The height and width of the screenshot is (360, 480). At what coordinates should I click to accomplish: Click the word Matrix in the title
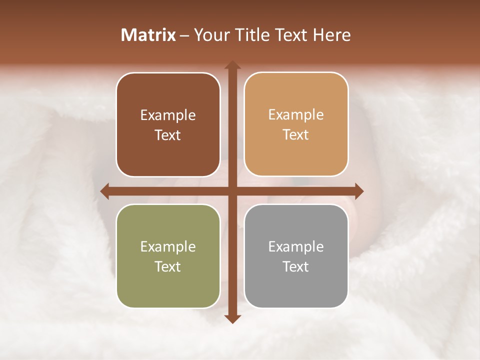(148, 35)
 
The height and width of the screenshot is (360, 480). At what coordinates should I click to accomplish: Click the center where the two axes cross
(232, 191)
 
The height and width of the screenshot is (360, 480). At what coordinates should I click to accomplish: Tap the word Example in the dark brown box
(168, 115)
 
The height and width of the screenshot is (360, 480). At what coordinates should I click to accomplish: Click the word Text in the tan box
(296, 135)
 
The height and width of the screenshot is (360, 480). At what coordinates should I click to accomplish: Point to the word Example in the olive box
(168, 246)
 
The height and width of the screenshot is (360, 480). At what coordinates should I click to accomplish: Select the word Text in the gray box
(296, 266)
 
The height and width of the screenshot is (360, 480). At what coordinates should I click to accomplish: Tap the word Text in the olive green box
(168, 266)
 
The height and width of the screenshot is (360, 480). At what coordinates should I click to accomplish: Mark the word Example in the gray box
(296, 246)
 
